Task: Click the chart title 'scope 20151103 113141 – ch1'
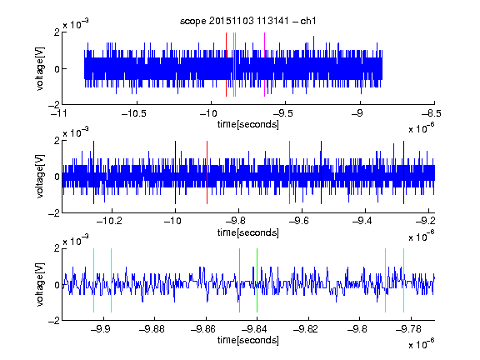247,21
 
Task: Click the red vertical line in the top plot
226,65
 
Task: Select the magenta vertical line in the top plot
264,65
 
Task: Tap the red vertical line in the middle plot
207,172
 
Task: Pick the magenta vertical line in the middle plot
290,172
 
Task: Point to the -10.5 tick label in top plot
134,113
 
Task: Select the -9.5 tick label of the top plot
282,113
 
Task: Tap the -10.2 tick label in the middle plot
109,221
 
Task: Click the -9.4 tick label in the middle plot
362,221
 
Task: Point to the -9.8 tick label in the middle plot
236,221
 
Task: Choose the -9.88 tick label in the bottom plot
152,329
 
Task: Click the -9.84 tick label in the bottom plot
254,329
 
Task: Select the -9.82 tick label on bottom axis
306,329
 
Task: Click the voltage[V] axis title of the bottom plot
40,284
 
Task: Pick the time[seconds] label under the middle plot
248,233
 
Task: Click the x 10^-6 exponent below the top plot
421,128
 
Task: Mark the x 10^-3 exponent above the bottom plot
76,240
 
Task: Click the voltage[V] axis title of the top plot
40,68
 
